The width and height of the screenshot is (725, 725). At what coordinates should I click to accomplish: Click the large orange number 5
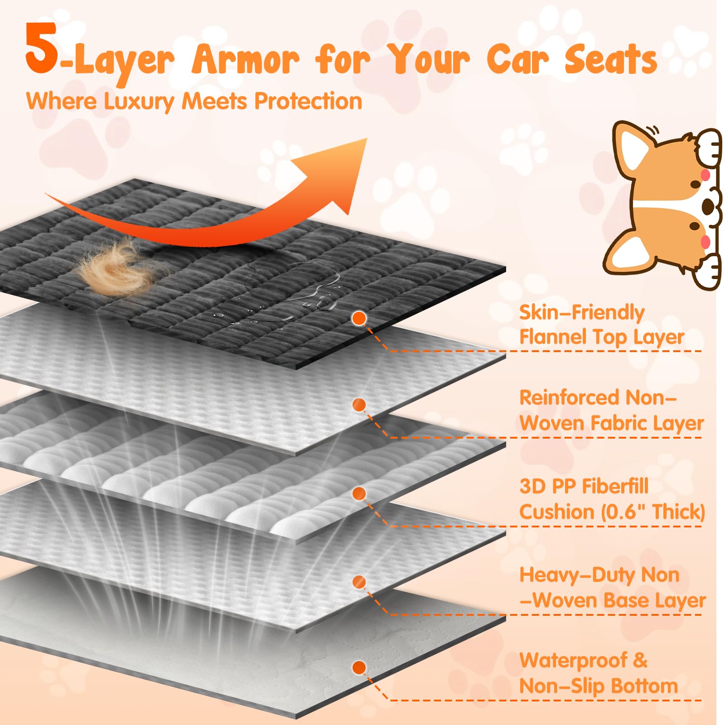coord(42,50)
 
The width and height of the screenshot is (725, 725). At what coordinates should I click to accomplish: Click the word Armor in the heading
coord(245,60)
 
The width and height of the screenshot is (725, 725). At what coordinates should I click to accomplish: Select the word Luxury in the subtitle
coord(139,101)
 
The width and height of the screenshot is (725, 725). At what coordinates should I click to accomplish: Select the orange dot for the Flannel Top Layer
coord(359,318)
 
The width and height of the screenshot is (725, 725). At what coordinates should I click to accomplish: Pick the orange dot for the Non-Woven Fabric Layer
coord(359,405)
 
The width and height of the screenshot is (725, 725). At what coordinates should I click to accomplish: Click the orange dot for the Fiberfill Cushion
coord(359,493)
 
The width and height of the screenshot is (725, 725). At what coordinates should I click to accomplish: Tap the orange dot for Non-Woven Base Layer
coord(359,581)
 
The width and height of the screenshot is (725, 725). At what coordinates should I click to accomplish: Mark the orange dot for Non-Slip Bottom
coord(359,667)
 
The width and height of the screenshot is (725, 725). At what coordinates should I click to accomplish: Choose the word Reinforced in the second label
coord(570,398)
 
